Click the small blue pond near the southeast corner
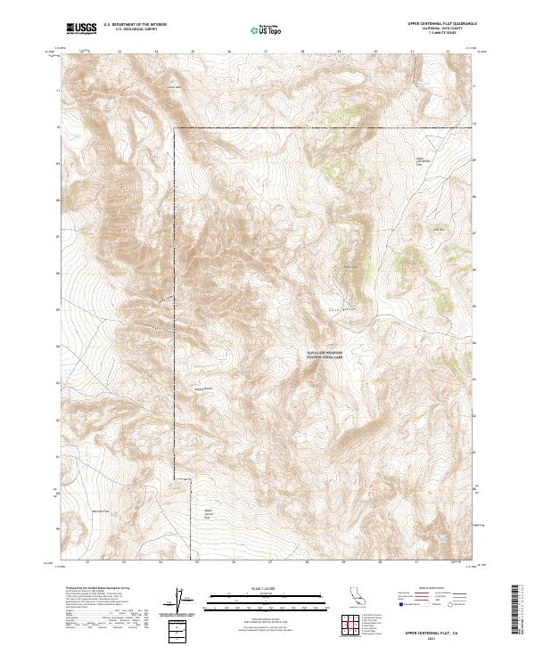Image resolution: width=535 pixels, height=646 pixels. coord(439,539)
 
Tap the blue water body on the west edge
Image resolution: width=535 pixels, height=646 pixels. coord(78,461)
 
